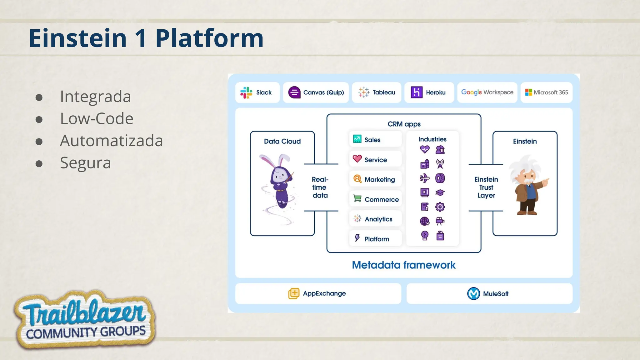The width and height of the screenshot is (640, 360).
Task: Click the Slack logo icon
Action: (x=246, y=92)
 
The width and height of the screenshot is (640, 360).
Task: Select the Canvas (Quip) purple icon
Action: (x=294, y=92)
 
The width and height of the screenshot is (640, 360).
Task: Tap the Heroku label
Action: (x=436, y=92)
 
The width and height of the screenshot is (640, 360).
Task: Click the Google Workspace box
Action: (x=487, y=92)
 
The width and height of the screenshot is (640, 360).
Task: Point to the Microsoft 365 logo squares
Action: (x=528, y=92)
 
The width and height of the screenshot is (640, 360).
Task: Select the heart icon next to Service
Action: (x=357, y=159)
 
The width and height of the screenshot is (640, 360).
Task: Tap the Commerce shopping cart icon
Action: (x=357, y=198)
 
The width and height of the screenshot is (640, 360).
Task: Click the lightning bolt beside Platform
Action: (x=357, y=238)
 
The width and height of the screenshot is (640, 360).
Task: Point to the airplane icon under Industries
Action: (x=424, y=178)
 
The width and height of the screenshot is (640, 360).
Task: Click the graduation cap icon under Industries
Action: (x=440, y=192)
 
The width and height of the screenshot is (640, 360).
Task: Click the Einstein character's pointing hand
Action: (x=546, y=182)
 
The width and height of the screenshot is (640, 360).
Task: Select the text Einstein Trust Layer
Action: (x=486, y=187)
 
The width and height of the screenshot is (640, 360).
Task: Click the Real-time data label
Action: (x=320, y=187)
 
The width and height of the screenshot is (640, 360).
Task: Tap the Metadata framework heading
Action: (x=403, y=265)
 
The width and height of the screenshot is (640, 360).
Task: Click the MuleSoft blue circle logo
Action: (x=473, y=293)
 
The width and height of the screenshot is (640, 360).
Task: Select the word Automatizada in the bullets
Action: (x=111, y=141)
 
